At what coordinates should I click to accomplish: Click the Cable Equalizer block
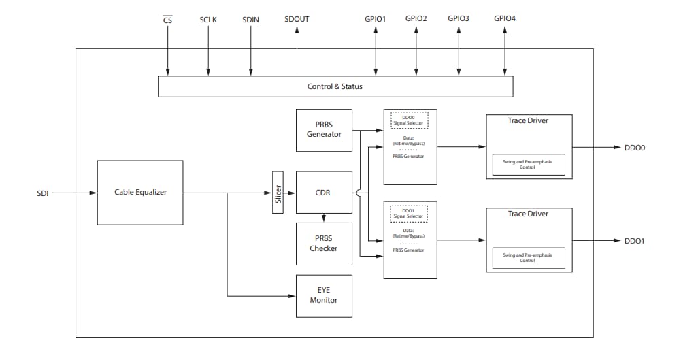tap(140, 193)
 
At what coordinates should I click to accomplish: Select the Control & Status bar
tap(335, 86)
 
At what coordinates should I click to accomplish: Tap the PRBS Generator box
tap(324, 129)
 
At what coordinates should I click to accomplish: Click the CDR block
tap(324, 193)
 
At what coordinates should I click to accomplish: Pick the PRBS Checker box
tap(324, 243)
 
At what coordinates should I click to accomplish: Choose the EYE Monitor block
tap(324, 295)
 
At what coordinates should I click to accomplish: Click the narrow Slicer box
tap(278, 193)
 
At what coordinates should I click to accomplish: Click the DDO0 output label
tap(634, 147)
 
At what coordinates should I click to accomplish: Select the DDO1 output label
tap(634, 241)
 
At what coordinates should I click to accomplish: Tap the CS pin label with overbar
tap(167, 20)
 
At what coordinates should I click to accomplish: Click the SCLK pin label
tap(209, 20)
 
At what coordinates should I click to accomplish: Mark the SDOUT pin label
tap(297, 19)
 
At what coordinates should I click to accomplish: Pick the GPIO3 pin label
tap(459, 19)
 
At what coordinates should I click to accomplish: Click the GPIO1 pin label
tap(375, 19)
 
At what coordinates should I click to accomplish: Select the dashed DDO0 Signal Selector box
tap(409, 120)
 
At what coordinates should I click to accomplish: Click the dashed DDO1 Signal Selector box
tap(409, 213)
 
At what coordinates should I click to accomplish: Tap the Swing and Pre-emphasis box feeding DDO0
tap(529, 165)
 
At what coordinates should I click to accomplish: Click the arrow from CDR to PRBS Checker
tap(324, 218)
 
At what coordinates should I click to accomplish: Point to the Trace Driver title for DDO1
tap(528, 214)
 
